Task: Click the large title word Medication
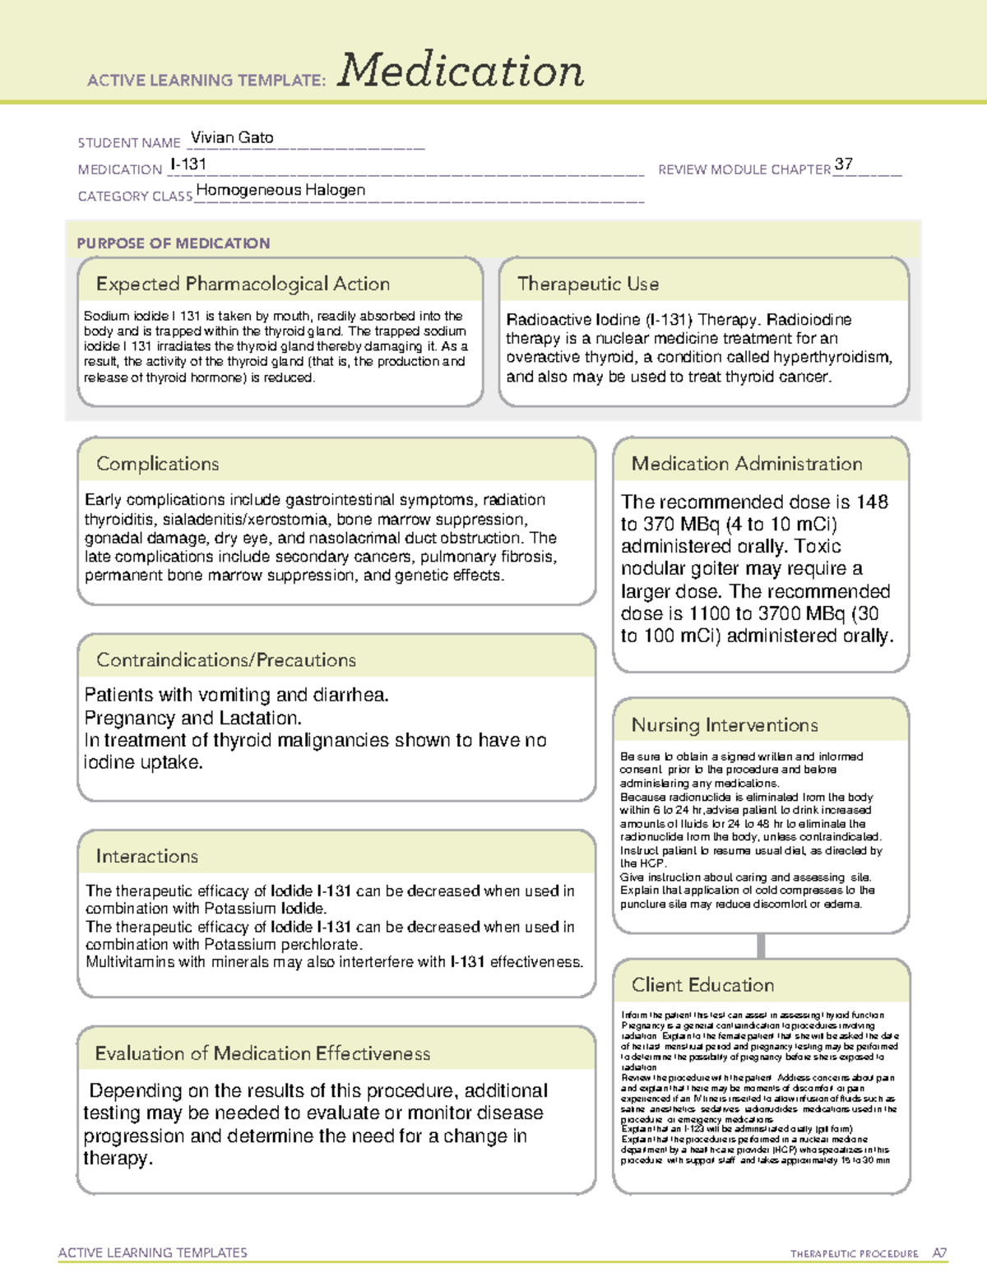pos(461,71)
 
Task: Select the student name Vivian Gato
pos(232,138)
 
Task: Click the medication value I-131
pos(188,164)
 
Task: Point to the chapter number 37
pos(843,164)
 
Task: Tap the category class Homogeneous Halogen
pos(280,190)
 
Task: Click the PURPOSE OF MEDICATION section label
pos(174,243)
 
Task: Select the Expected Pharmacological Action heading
pos(243,285)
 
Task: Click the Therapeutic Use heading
pos(587,285)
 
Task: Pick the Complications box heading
pos(158,465)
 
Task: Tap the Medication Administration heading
pos(746,465)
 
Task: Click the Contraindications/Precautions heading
pos(226,660)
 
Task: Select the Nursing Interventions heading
pos(725,725)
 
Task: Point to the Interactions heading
pos(147,857)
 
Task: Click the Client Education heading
pos(702,985)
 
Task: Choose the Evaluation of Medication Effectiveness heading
pos(262,1054)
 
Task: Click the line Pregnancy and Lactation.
pos(193,718)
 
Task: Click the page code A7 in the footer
pos(939,1254)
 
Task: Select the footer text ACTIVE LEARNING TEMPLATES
pos(153,1253)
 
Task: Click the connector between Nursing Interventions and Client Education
pos(761,946)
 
